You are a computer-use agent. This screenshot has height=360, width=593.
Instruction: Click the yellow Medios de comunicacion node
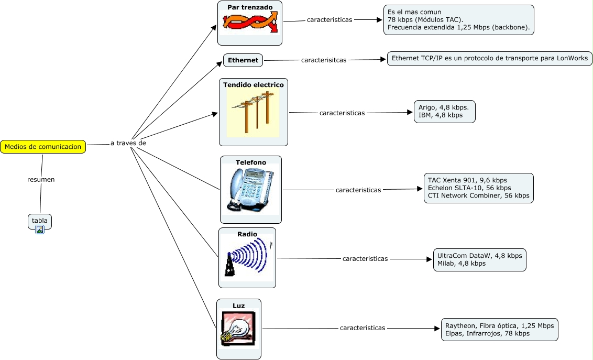point(43,147)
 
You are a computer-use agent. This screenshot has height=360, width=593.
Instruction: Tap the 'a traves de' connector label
point(128,143)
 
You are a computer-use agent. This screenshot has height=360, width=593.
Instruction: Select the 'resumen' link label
point(41,179)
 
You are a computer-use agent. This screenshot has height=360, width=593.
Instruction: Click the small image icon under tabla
point(40,230)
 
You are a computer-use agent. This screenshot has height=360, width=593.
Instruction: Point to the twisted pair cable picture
point(249,22)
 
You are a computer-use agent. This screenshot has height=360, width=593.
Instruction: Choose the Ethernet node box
point(243,60)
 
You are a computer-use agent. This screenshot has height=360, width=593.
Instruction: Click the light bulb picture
point(238,329)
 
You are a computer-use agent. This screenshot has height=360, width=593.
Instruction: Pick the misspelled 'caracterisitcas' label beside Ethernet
point(324,60)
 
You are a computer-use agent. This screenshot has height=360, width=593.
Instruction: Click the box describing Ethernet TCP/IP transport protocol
point(490,58)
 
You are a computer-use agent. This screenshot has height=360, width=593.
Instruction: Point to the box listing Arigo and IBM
point(444,111)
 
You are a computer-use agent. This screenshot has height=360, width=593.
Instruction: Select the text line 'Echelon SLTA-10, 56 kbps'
point(469,188)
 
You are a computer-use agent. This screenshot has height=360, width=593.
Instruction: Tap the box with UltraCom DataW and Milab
point(479,259)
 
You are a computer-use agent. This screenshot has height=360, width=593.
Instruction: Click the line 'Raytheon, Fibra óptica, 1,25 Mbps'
point(499,325)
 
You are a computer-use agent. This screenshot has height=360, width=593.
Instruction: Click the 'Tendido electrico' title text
point(254,84)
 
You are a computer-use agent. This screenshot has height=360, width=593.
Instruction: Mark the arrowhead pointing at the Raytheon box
point(437,329)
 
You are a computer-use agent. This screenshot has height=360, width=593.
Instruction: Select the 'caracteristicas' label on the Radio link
point(365,258)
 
